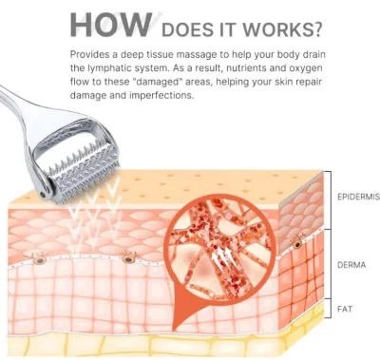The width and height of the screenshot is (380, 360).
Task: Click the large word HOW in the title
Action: (110, 25)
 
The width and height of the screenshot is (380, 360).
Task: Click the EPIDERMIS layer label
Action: (358, 197)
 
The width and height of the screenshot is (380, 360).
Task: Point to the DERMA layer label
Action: (351, 265)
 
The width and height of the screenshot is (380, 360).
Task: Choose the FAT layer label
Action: (345, 309)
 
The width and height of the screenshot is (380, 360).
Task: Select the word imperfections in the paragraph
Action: (161, 95)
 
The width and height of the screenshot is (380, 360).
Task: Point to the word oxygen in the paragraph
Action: (305, 68)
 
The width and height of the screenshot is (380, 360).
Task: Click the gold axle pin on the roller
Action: (43, 193)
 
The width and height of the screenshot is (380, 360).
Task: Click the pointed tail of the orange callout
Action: (175, 329)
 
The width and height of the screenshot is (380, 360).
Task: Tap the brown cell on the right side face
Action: (297, 243)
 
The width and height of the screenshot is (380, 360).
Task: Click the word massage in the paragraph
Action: (197, 55)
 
